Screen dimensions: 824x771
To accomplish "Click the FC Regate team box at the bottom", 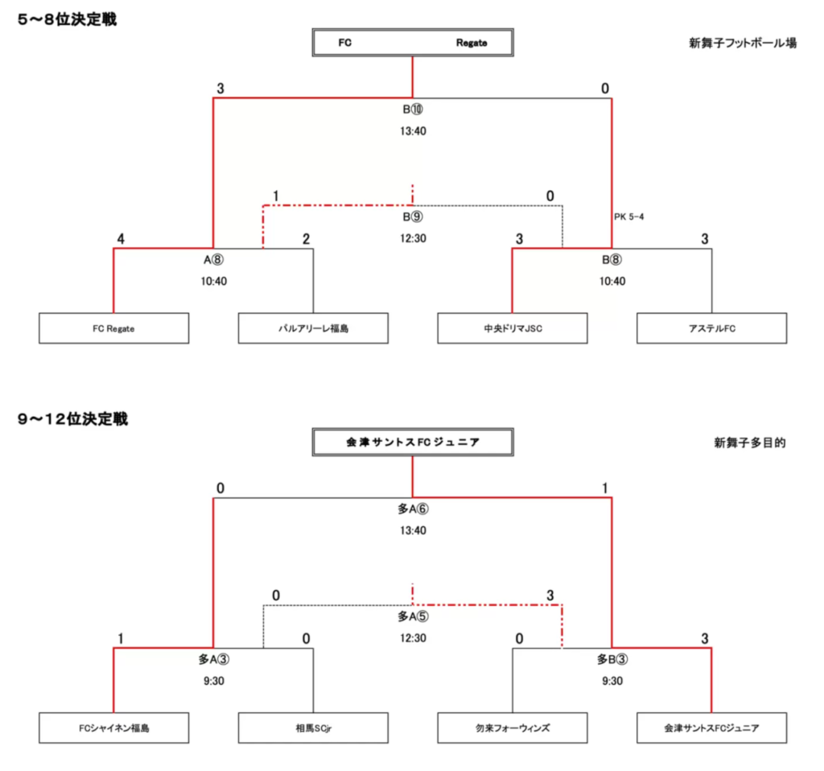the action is [113, 328].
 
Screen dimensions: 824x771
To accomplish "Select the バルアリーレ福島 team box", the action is [313, 328].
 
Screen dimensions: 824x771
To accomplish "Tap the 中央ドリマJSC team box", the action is [513, 328].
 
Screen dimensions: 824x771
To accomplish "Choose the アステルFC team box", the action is [711, 328].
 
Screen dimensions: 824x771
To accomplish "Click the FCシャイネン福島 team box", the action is [113, 728].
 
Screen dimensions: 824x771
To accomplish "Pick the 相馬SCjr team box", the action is [313, 728].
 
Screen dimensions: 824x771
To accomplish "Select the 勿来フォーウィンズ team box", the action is [513, 728].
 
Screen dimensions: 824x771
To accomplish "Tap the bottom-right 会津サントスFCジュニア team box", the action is [711, 728].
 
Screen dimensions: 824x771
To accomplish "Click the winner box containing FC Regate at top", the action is [413, 43].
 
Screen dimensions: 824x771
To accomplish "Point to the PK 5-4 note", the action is [629, 216].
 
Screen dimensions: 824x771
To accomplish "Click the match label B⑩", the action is [413, 109].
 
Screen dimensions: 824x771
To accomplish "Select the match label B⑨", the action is [413, 216].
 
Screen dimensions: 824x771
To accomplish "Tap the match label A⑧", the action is [213, 260].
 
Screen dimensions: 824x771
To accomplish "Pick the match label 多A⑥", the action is [413, 509].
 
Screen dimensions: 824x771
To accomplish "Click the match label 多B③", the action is [612, 659].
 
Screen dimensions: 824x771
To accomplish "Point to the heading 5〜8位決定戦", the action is [68, 19].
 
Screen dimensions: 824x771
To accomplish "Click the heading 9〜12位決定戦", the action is [73, 418].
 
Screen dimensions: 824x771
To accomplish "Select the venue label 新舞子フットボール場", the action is [743, 43].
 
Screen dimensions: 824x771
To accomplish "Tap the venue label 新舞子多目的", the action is [750, 443].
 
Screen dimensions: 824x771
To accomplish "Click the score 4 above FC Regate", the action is [121, 239].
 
